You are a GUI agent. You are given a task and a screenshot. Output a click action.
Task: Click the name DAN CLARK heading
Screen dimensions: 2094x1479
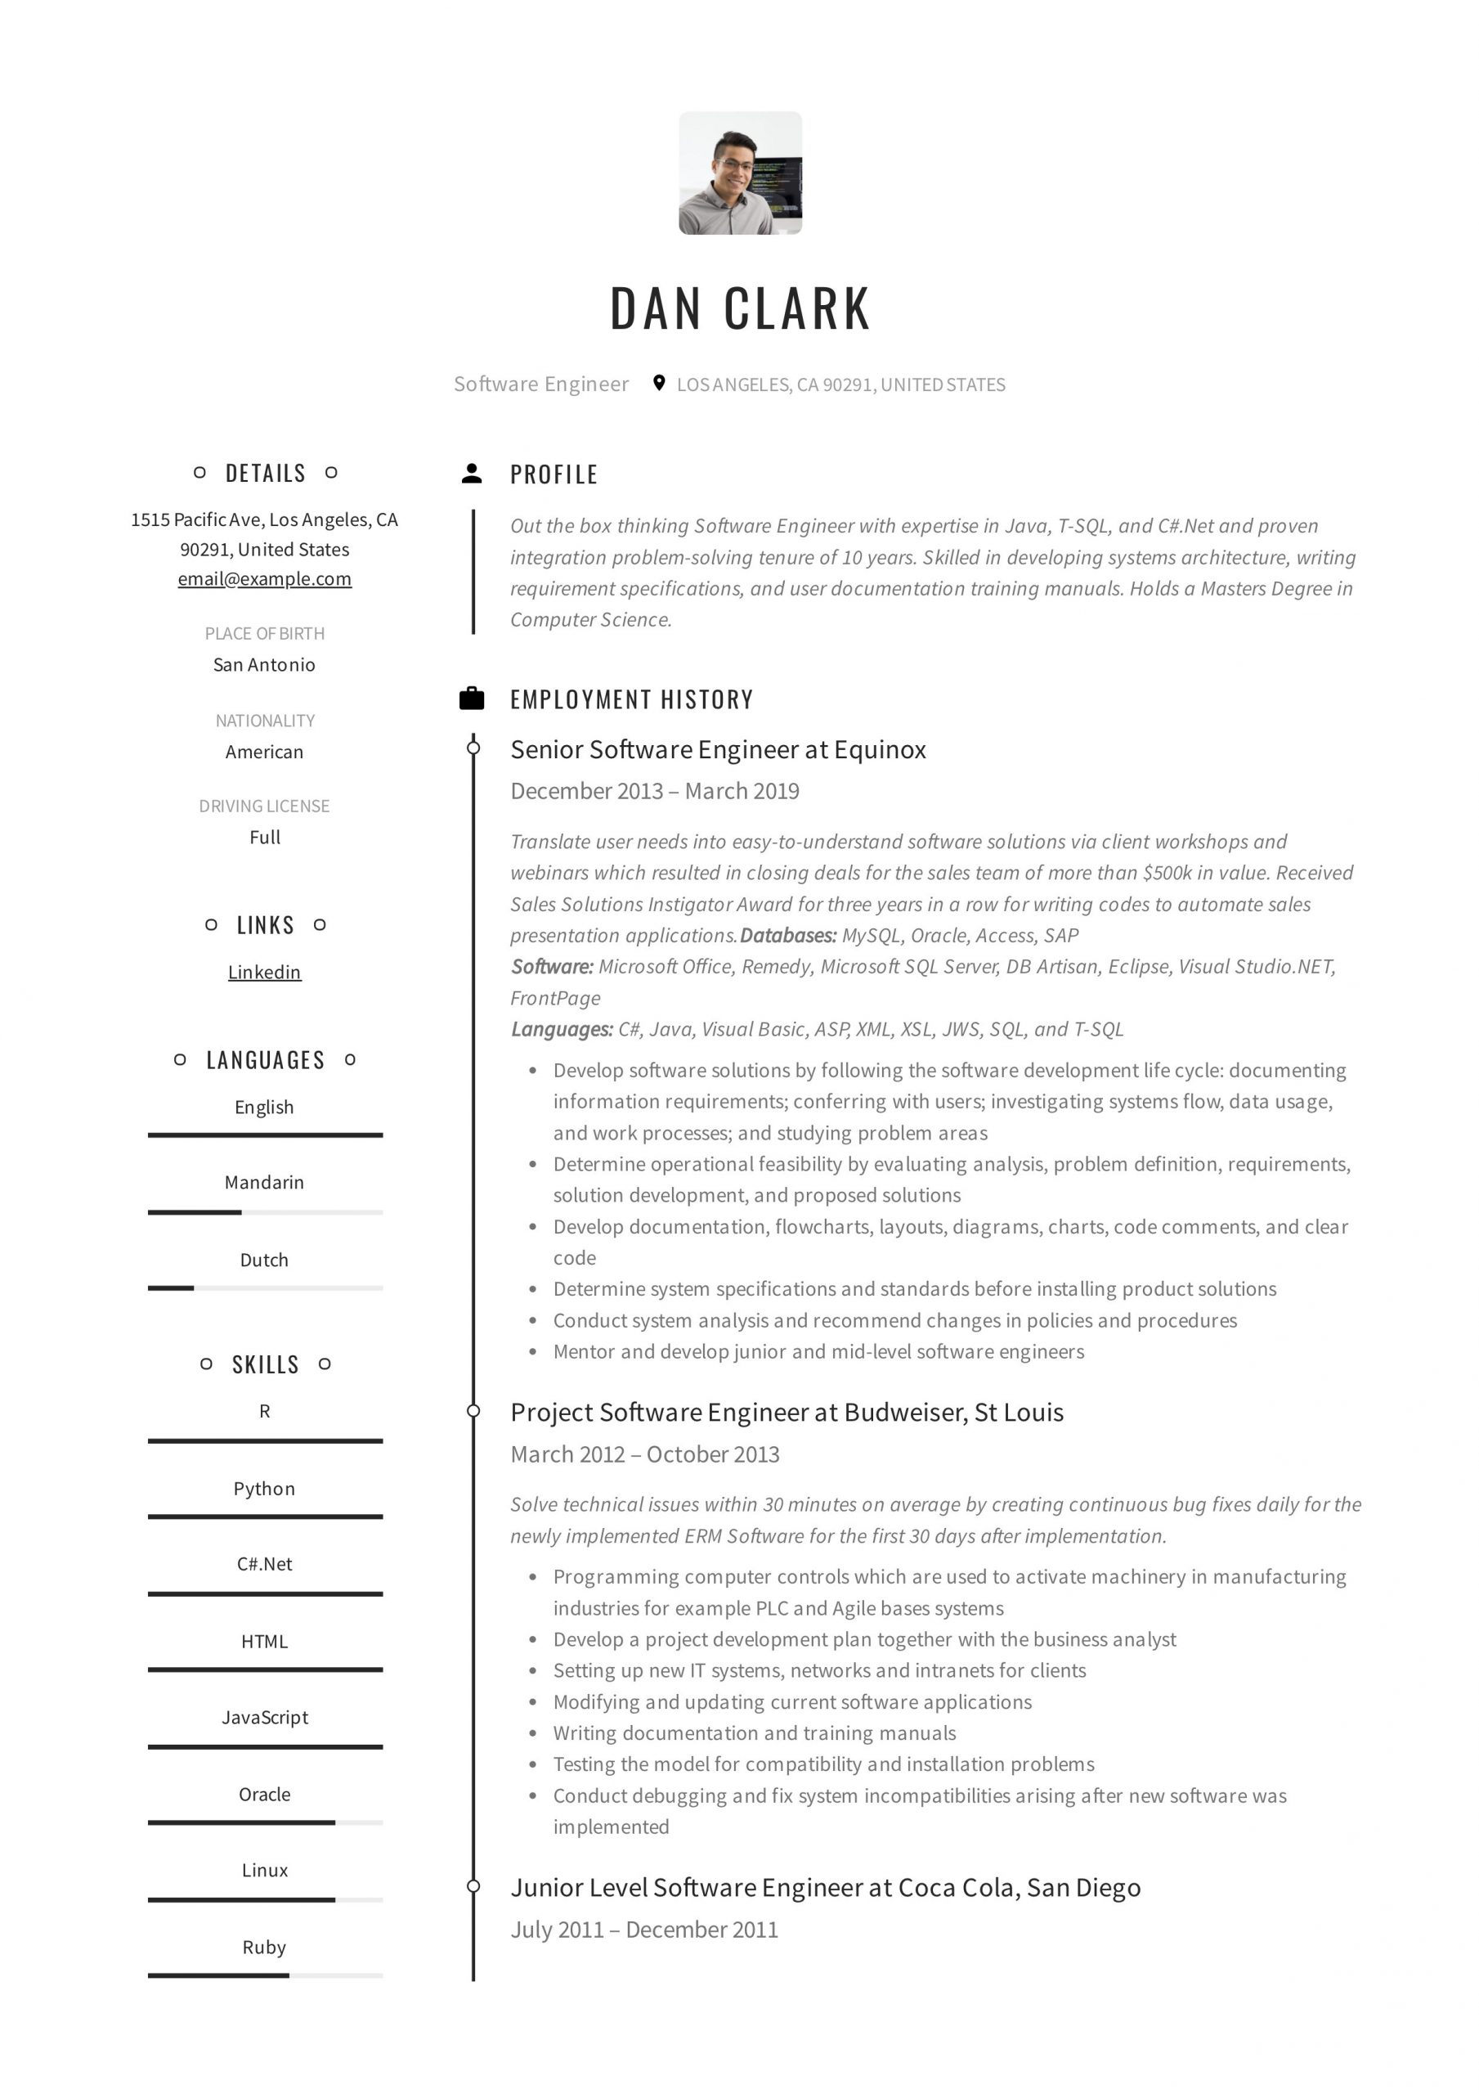739,308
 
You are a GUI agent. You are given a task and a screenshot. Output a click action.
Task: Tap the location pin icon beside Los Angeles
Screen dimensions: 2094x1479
658,383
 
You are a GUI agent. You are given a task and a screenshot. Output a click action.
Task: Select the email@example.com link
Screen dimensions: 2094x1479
264,579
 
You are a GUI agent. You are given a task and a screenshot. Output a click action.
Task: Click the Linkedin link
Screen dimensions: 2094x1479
264,973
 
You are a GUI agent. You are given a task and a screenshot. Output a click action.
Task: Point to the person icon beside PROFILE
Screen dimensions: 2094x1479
472,474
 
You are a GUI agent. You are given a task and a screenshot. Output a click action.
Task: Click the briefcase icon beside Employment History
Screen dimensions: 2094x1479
472,699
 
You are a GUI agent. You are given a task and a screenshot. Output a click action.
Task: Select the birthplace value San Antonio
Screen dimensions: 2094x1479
264,665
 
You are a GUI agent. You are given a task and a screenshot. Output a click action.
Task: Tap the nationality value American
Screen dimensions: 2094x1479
264,752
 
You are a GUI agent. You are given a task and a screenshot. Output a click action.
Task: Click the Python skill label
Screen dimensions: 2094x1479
264,1489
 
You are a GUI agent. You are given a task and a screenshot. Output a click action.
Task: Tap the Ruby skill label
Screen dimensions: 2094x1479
264,1947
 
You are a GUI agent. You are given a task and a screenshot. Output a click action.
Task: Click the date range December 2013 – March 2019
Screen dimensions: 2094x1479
655,791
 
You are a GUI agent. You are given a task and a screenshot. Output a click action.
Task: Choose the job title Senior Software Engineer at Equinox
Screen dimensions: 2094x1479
718,750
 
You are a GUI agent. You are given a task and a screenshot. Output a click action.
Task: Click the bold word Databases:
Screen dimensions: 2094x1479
788,936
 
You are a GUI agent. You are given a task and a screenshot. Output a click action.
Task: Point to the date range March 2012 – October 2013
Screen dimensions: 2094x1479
645,1454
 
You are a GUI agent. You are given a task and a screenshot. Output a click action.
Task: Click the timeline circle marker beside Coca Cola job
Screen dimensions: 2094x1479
473,1886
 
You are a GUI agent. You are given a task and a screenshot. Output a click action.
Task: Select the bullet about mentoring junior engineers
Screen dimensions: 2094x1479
818,1351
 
